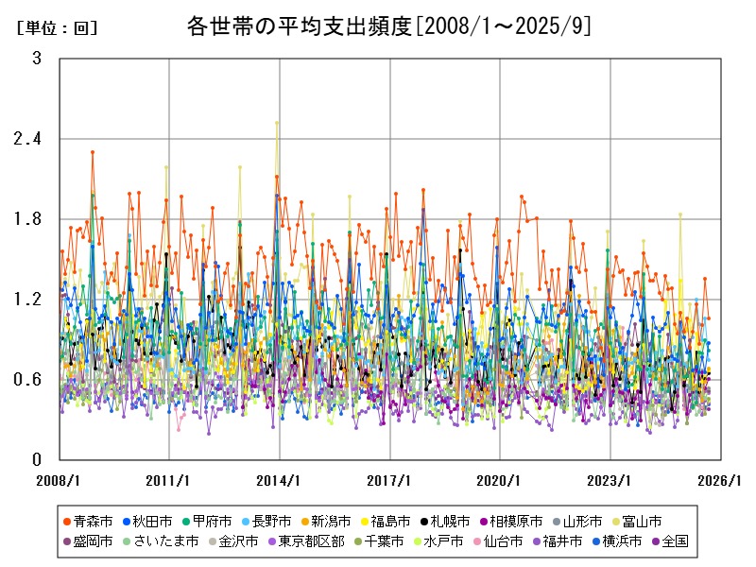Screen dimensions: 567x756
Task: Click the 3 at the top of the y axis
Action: (37, 59)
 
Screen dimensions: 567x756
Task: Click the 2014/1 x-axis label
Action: (280, 480)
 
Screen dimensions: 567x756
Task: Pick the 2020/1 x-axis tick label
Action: (500, 480)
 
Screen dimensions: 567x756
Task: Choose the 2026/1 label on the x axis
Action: (720, 480)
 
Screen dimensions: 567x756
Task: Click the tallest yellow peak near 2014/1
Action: (277, 122)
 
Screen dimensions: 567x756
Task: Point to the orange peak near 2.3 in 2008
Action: (93, 151)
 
